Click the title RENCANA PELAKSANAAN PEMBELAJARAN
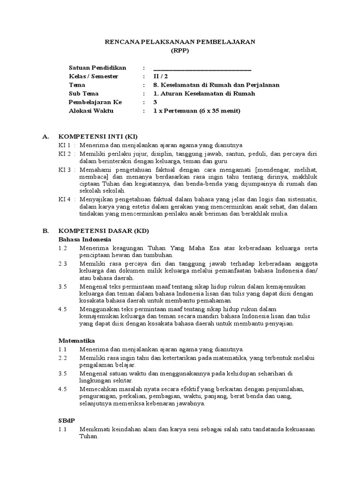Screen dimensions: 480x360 pyautogui.click(x=179, y=42)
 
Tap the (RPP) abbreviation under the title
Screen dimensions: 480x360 pyautogui.click(x=180, y=51)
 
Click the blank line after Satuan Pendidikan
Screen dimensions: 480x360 pyautogui.click(x=202, y=68)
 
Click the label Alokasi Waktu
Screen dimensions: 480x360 pyautogui.click(x=91, y=111)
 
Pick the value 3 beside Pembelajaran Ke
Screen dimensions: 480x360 pyautogui.click(x=156, y=102)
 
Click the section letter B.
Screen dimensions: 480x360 pyautogui.click(x=45, y=231)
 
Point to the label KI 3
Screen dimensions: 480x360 pyautogui.click(x=65, y=168)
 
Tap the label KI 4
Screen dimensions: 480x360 pyautogui.click(x=65, y=199)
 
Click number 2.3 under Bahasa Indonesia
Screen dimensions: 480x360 pyautogui.click(x=63, y=264)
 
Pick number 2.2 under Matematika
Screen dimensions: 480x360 pyautogui.click(x=63, y=358)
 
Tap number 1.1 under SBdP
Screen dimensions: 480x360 pyautogui.click(x=63, y=429)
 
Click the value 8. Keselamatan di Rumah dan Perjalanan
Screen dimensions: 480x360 pyautogui.click(x=217, y=85)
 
